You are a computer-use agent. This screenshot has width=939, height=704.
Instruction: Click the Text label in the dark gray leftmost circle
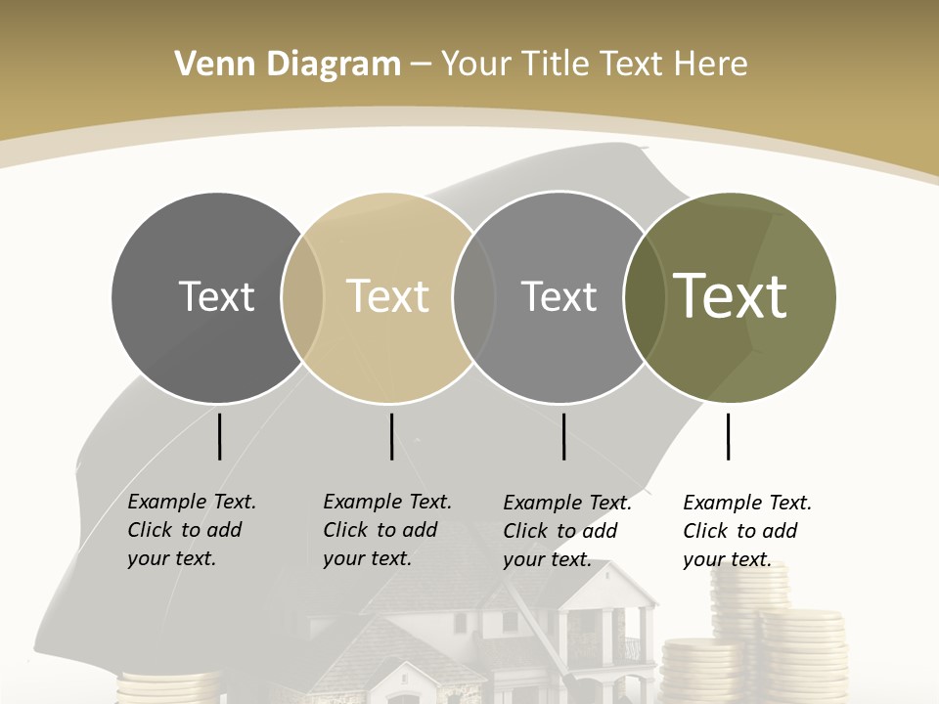[216, 296]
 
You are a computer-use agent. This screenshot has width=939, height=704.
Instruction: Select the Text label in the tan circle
[387, 296]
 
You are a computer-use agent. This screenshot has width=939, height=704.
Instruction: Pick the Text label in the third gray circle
[559, 296]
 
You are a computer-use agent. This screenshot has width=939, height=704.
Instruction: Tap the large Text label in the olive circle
[731, 296]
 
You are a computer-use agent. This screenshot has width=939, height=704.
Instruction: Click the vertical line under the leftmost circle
[219, 436]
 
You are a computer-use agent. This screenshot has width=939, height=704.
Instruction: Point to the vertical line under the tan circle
[391, 436]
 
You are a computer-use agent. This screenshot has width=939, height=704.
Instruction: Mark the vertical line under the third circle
[563, 436]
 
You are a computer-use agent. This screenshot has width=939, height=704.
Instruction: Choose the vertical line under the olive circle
[728, 436]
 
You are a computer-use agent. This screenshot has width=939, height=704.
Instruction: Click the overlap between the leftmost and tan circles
[302, 296]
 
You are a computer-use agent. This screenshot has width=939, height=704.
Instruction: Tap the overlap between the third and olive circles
[643, 296]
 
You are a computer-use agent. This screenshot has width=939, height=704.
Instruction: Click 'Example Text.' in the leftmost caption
[192, 502]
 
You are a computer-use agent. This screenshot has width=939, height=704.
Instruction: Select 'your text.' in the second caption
[367, 558]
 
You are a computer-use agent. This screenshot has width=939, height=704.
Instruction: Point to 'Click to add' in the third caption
[560, 531]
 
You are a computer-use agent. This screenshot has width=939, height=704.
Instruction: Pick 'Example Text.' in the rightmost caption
[747, 503]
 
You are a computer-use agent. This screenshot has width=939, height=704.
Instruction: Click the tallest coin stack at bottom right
[749, 606]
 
